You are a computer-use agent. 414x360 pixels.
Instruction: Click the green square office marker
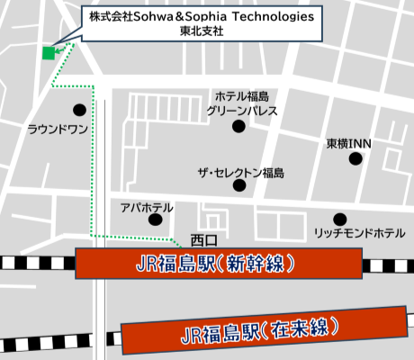49,52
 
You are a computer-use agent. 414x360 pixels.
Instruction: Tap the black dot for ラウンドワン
79,111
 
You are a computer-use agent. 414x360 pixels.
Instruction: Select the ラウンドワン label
58,129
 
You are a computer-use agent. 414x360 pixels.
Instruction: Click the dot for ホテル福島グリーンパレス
238,127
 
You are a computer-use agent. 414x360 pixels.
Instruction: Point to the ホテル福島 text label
242,96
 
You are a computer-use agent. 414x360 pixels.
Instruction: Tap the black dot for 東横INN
355,158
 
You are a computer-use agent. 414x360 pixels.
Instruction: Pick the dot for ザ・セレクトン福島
239,185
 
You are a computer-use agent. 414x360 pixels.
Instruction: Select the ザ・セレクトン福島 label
241,172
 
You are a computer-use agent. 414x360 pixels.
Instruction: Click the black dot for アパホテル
156,219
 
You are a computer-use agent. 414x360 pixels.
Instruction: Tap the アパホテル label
146,207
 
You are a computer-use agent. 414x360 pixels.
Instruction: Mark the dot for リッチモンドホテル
339,219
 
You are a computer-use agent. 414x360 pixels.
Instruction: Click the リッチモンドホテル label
359,233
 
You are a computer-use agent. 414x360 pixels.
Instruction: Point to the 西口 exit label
198,239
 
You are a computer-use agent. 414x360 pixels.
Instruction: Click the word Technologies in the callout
271,16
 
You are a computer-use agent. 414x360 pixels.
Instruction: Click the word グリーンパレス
242,110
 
